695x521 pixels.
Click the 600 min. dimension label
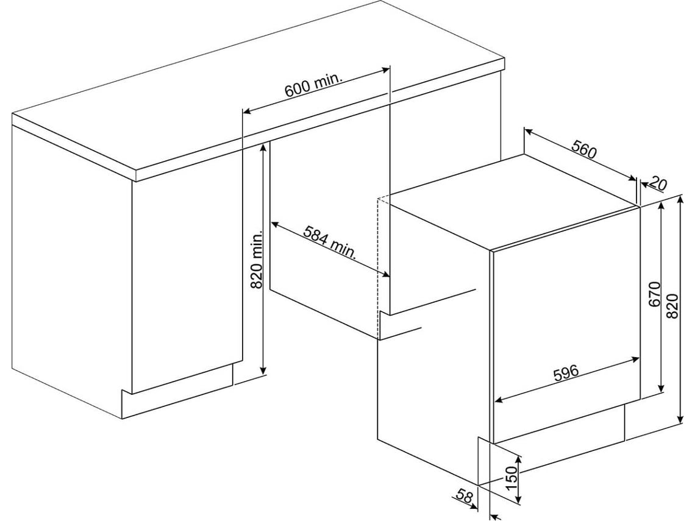313,84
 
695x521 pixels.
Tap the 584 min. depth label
330,243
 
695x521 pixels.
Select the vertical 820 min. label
257,259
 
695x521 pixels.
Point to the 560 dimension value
584,149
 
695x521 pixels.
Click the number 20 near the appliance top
658,183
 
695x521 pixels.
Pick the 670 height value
655,294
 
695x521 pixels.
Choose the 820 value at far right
673,307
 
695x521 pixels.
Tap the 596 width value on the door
566,372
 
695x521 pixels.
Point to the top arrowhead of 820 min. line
263,148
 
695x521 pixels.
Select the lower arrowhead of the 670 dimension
661,388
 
